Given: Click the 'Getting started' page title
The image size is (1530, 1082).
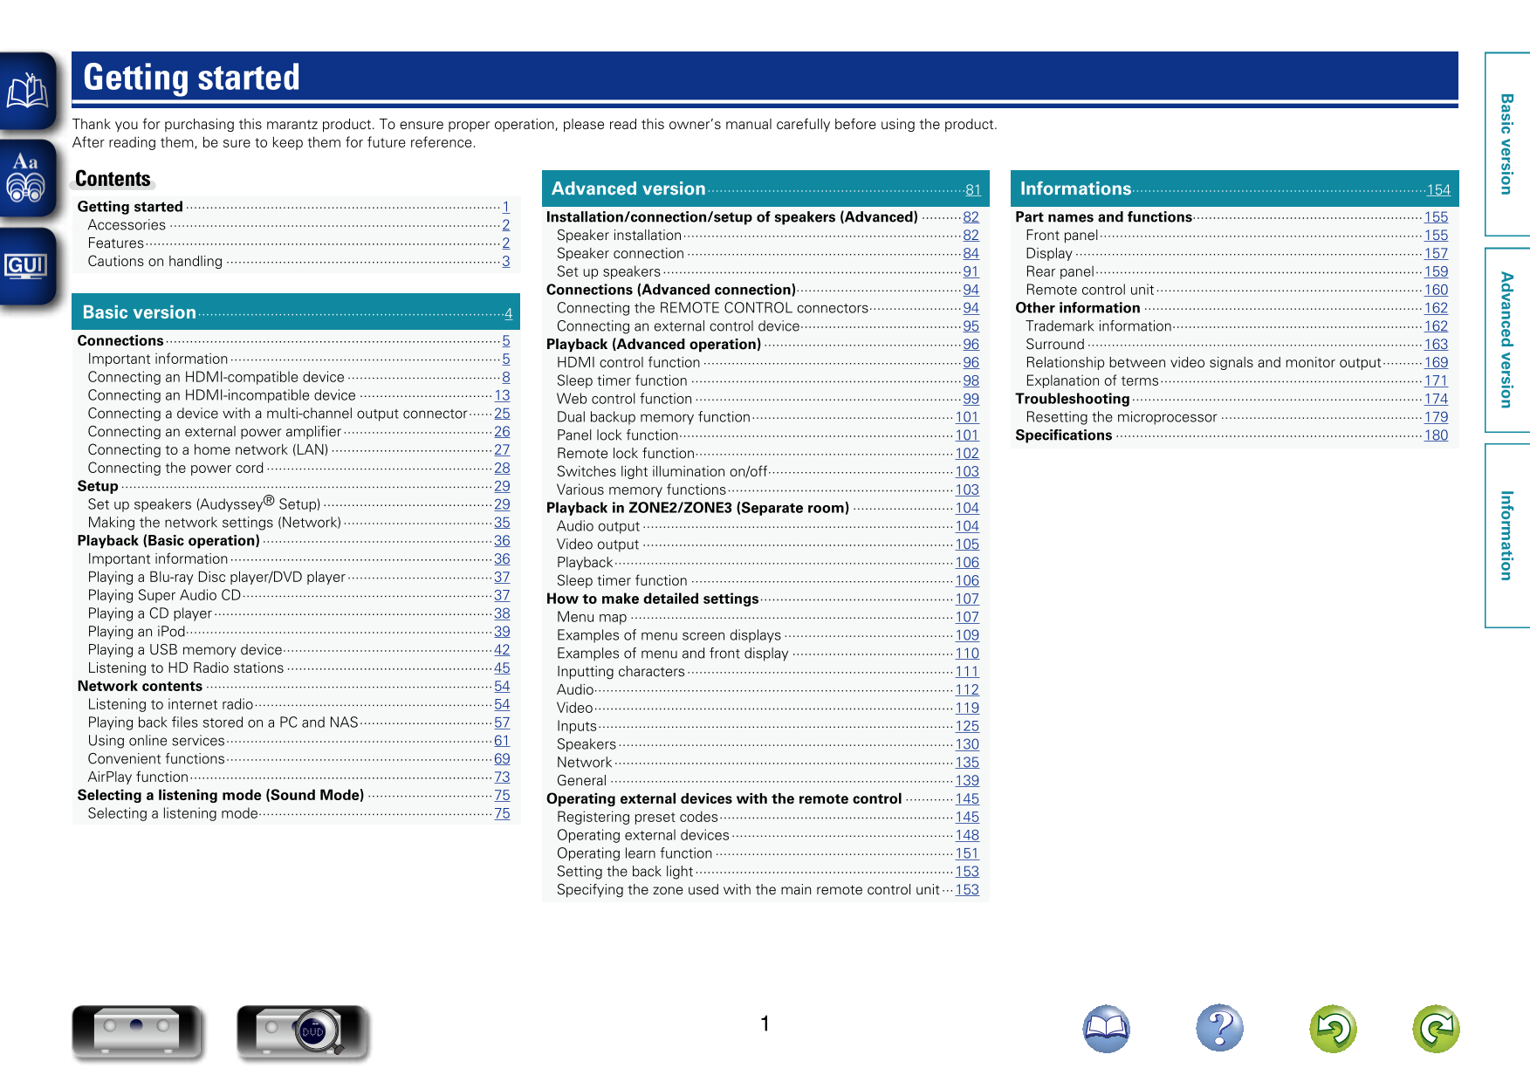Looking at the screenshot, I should [x=192, y=78].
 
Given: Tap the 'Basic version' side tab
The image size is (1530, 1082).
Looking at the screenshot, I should [x=1506, y=144].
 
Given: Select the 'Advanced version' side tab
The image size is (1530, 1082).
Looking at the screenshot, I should [x=1506, y=339].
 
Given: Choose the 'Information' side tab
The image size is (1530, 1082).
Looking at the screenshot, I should [x=1506, y=535].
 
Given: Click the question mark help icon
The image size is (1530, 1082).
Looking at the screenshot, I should [x=1219, y=1028].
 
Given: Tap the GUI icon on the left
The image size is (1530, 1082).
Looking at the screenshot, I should [x=26, y=266].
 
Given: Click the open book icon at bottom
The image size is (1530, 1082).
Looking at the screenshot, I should [x=1106, y=1028].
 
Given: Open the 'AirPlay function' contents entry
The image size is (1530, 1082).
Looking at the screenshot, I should [x=138, y=777].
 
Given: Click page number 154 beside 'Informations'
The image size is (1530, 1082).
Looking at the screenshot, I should [x=1437, y=190].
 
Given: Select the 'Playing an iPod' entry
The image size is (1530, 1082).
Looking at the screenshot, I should [x=136, y=632].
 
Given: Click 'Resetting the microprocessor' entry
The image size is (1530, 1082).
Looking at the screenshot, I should [x=1121, y=417].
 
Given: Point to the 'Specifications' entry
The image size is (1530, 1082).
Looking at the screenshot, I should [x=1063, y=435].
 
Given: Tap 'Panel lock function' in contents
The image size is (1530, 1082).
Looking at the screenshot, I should [x=617, y=435].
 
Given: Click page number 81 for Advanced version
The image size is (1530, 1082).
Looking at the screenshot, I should [x=972, y=190].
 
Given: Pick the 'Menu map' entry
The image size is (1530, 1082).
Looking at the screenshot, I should [x=592, y=617].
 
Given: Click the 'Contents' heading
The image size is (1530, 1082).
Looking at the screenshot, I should [x=113, y=179].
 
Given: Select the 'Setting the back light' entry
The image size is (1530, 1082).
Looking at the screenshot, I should [x=625, y=872].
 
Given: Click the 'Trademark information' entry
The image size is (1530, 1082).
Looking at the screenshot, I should [x=1098, y=326].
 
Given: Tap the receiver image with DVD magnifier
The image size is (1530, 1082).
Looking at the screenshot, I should [x=302, y=1031].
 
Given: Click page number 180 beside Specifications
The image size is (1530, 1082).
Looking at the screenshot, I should [x=1435, y=435].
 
